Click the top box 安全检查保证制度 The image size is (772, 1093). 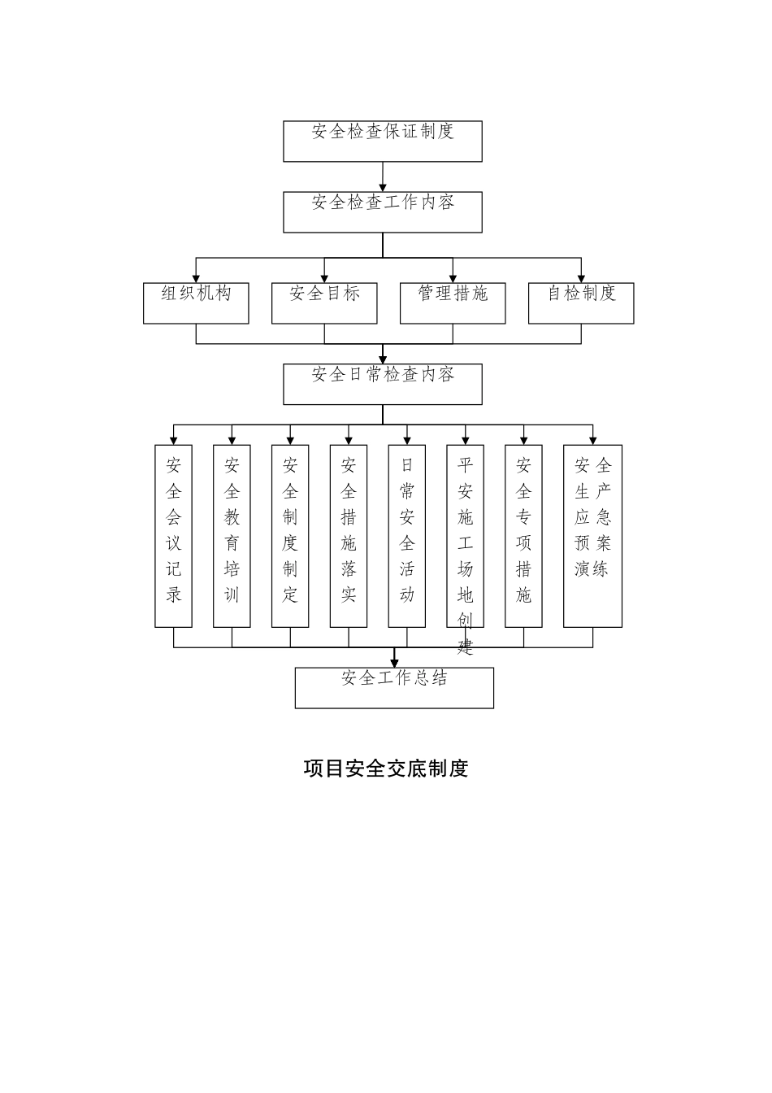tap(382, 142)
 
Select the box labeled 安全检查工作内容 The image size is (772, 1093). tap(382, 212)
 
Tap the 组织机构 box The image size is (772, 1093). tap(196, 303)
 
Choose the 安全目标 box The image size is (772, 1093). tap(324, 303)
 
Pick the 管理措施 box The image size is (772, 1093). tap(453, 303)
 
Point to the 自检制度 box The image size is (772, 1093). tap(581, 303)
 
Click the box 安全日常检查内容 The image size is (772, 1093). tap(382, 384)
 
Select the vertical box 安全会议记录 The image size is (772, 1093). tap(174, 536)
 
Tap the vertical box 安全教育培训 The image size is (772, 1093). tap(232, 536)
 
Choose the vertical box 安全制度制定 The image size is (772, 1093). tap(290, 536)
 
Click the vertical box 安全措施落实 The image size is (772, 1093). tap(349, 536)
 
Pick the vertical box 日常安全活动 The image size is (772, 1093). tap(407, 536)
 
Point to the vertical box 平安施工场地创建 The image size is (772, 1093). tap(465, 536)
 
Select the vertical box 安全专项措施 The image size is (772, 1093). tap(523, 536)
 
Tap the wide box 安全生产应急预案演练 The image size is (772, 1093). tap(592, 536)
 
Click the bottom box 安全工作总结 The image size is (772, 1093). tap(394, 688)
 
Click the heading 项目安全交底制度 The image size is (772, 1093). tap(386, 769)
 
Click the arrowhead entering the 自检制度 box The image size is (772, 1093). tap(581, 278)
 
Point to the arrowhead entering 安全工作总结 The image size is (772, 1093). tap(394, 663)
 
